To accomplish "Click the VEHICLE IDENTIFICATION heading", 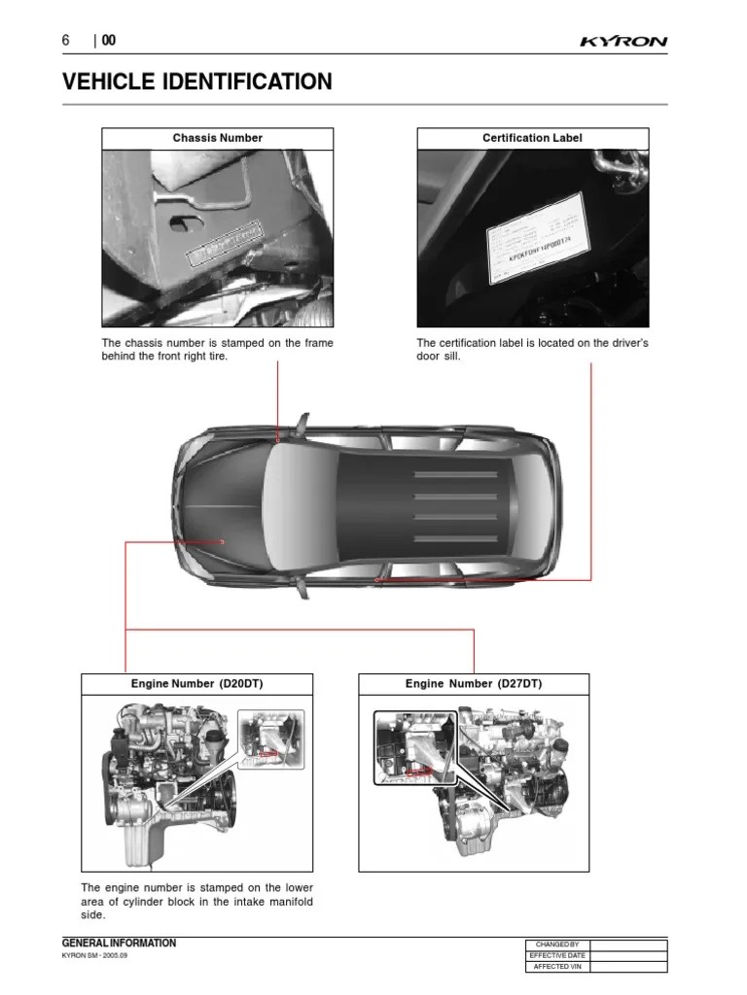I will click(x=196, y=83).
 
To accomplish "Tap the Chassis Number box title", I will click(x=218, y=138).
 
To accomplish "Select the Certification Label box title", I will click(x=532, y=138).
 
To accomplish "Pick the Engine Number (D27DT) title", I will click(x=474, y=684).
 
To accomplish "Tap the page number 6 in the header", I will click(x=66, y=41).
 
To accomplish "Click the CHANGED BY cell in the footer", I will click(x=556, y=944).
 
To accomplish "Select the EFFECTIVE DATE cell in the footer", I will click(x=556, y=955).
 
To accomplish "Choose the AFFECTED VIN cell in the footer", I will click(x=556, y=967).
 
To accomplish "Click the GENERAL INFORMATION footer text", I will click(x=119, y=943).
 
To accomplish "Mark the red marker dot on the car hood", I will click(x=222, y=541).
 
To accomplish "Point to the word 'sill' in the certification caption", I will click(x=450, y=357).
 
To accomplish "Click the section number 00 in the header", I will click(x=108, y=41).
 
